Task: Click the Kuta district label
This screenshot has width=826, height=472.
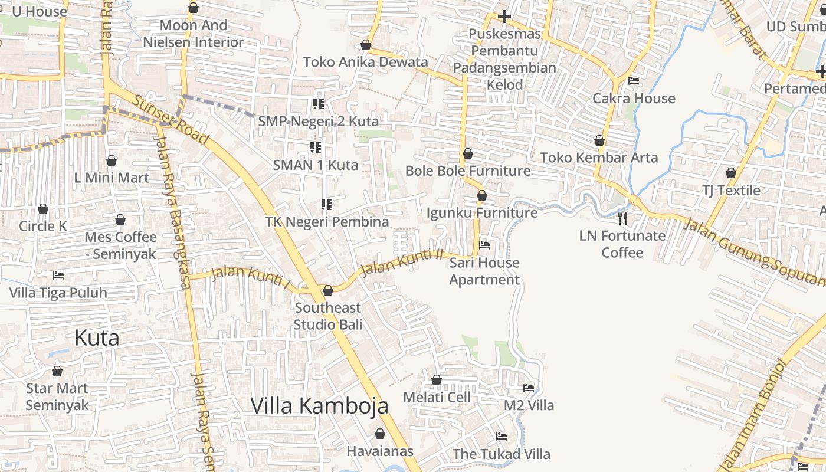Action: coord(97,338)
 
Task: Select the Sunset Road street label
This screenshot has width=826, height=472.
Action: coord(170,120)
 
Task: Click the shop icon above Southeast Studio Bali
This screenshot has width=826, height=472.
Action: coord(328,290)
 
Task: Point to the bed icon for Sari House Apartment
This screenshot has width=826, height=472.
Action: coord(484,245)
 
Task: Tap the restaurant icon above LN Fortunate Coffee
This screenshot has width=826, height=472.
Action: coord(622,218)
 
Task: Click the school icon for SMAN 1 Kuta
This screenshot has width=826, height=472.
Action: coord(316,147)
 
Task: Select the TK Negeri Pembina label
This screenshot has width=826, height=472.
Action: coord(327,222)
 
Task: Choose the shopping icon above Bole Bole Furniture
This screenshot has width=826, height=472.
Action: coord(468,153)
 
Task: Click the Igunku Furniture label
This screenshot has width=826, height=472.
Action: coord(482,212)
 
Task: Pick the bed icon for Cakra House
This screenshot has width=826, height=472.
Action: coord(634,80)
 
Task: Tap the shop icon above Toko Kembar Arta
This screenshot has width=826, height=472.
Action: coord(599,140)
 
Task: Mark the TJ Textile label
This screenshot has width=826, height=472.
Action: coord(731,191)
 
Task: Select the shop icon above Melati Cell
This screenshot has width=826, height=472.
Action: coord(437,380)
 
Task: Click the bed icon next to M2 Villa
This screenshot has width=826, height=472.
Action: coord(529,388)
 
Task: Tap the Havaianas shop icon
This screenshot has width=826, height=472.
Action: coord(380,434)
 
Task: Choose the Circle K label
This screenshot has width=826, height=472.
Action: coord(43,226)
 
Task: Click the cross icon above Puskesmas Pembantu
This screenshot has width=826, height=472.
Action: coord(504,16)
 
